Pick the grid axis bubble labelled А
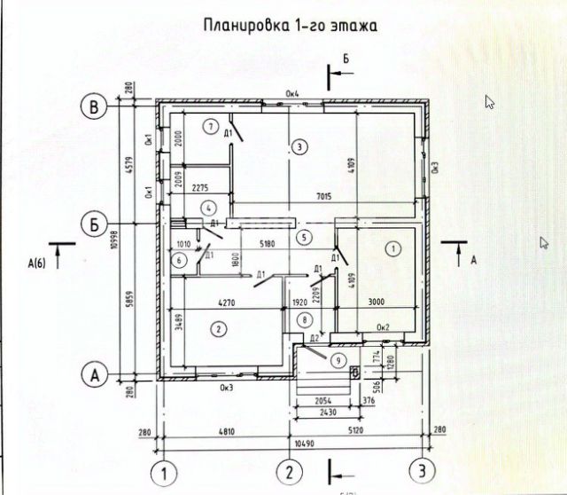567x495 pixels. [x=94, y=374]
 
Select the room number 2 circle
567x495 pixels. [x=217, y=329]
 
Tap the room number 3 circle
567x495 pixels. [x=300, y=145]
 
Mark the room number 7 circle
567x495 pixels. [x=210, y=125]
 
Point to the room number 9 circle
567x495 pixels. [x=337, y=360]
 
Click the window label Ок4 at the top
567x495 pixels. [x=292, y=94]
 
